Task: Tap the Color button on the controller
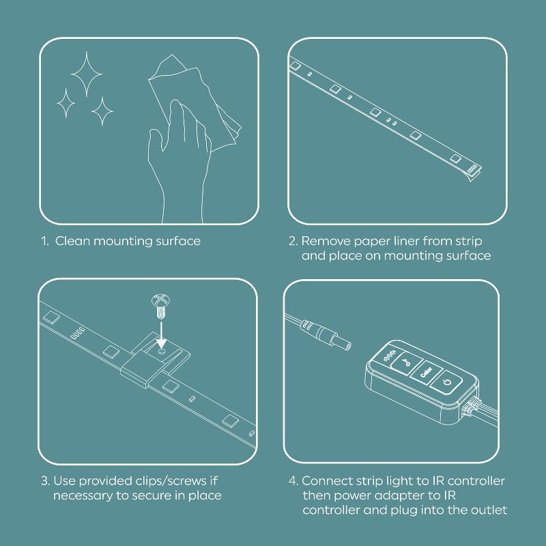tap(427, 372)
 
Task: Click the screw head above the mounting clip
tap(158, 300)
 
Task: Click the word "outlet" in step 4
tap(487, 511)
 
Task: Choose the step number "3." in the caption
tap(44, 481)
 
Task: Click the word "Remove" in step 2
tap(324, 241)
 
